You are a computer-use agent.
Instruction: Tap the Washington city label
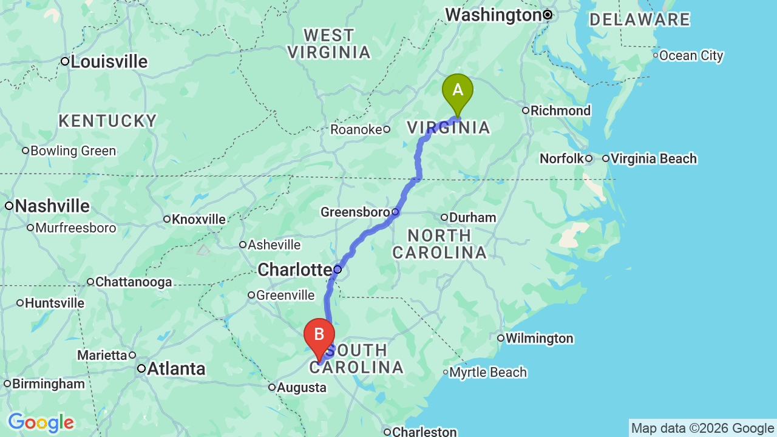coord(493,15)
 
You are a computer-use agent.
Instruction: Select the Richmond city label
coord(560,110)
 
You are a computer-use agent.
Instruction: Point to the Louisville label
coord(109,61)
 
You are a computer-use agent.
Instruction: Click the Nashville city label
coord(52,206)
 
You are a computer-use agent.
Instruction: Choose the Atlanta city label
coord(176,368)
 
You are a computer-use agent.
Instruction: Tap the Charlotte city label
coord(294,269)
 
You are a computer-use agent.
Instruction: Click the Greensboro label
coord(355,212)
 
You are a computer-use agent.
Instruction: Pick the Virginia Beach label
coord(654,158)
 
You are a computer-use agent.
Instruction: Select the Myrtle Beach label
coord(488,372)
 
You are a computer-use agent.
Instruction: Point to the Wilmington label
coord(539,338)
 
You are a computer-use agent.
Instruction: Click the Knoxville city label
coord(198,219)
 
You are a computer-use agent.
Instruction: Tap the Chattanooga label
coord(134,282)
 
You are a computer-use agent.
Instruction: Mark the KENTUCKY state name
coord(108,121)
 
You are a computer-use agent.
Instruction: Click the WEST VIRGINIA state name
coord(329,44)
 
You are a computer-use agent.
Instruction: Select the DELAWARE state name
coord(640,19)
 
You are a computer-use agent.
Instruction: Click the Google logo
coord(41,422)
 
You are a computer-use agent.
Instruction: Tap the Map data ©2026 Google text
coord(702,429)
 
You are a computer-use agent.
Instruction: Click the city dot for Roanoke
coord(387,129)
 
